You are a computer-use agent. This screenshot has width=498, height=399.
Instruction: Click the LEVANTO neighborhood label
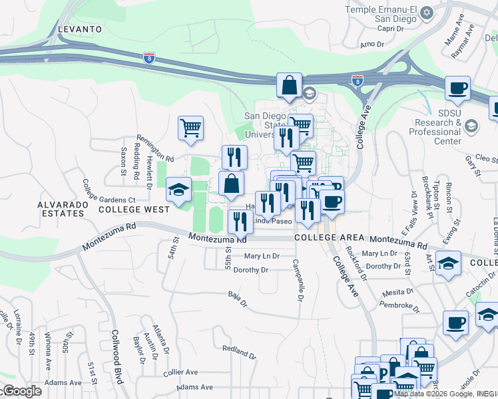point(80,29)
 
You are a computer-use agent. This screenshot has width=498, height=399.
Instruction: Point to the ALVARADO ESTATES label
point(61,209)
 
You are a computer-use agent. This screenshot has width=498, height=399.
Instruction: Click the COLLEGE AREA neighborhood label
point(329,237)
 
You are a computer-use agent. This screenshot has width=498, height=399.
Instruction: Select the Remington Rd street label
point(155,159)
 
